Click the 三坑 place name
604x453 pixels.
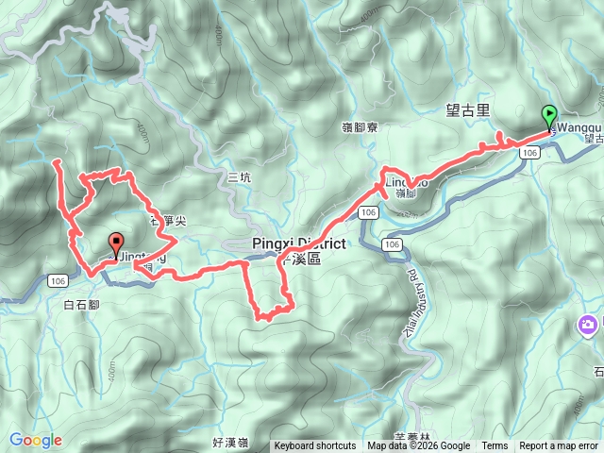240,177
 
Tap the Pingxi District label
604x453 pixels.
299,243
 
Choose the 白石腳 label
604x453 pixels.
81,305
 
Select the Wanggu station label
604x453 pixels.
577,126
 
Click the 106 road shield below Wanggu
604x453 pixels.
529,152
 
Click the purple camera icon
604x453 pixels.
587,326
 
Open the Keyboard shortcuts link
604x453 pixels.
315,446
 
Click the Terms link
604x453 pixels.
495,446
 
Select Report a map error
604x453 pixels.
560,446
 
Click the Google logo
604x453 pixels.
36,440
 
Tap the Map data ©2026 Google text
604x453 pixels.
419,446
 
